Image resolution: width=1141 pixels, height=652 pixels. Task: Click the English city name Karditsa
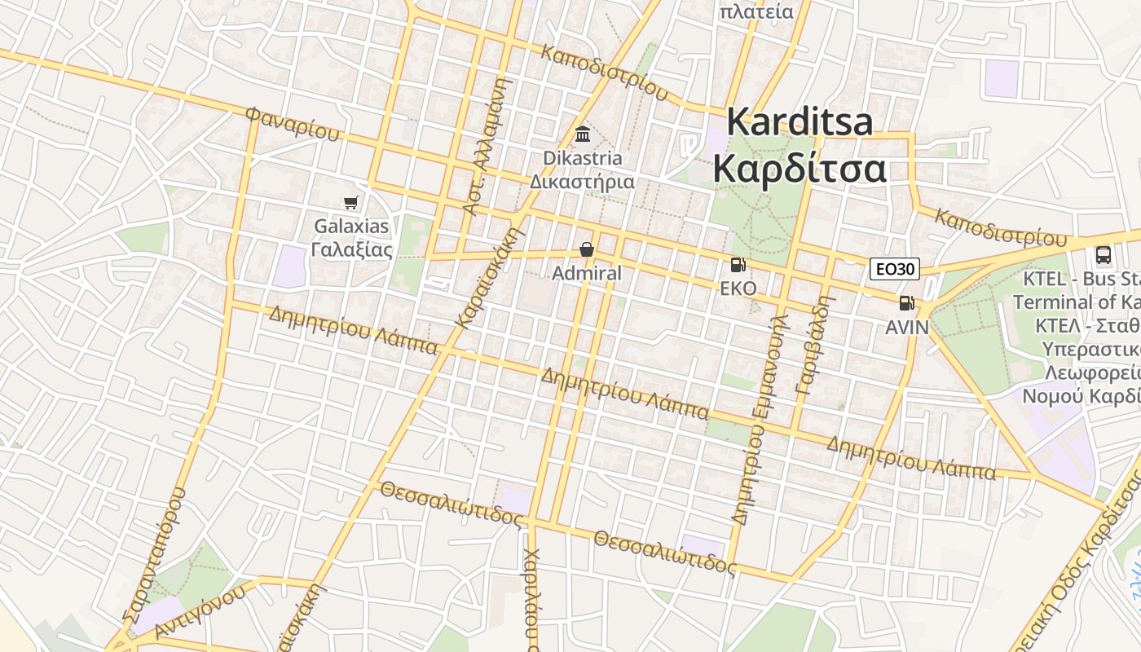click(x=800, y=122)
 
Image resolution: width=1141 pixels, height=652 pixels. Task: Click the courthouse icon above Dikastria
click(x=583, y=134)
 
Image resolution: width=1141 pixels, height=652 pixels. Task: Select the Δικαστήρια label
click(x=582, y=181)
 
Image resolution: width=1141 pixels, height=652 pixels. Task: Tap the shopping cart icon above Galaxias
click(x=351, y=202)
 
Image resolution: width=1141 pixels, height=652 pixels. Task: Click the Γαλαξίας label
click(x=352, y=249)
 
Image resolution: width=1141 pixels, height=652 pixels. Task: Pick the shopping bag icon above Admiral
click(x=586, y=249)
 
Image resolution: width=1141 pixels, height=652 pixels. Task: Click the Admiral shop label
click(x=586, y=273)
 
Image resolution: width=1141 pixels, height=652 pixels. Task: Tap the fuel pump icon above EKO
click(x=738, y=264)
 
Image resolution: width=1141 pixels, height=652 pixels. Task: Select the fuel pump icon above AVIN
click(x=905, y=303)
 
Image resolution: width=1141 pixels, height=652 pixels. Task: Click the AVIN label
click(x=907, y=327)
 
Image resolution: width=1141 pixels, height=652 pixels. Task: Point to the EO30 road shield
click(x=894, y=269)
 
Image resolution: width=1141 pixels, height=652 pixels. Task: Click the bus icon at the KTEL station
click(x=1104, y=255)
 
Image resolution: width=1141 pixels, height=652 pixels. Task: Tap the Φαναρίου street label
click(x=292, y=123)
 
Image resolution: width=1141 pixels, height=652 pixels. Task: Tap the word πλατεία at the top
click(x=756, y=11)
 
